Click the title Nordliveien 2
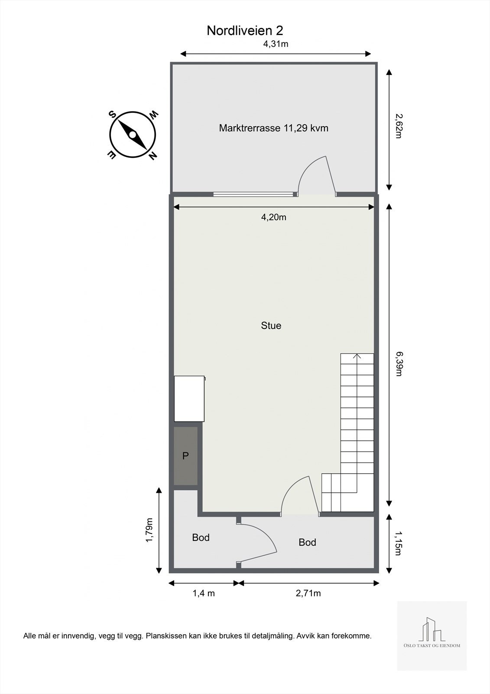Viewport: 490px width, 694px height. pyautogui.click(x=245, y=31)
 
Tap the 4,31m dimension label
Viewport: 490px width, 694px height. pyautogui.click(x=276, y=44)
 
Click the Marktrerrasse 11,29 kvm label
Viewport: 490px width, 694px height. pyautogui.click(x=273, y=128)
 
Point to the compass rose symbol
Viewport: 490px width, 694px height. pyautogui.click(x=133, y=134)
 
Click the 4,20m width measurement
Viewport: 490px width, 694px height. pyautogui.click(x=273, y=217)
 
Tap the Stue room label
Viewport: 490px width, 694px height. pyautogui.click(x=271, y=326)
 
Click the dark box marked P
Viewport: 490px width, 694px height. pyautogui.click(x=186, y=456)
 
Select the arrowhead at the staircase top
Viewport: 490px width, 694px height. pyautogui.click(x=357, y=357)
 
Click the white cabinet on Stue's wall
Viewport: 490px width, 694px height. pyautogui.click(x=189, y=399)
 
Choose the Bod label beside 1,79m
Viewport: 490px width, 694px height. pyautogui.click(x=201, y=538)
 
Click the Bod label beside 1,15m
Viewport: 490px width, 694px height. pyautogui.click(x=307, y=542)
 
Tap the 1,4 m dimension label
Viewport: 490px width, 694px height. pyautogui.click(x=204, y=593)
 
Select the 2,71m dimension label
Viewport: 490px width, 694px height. pyautogui.click(x=308, y=593)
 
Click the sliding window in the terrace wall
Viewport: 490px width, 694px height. pyautogui.click(x=255, y=194)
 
